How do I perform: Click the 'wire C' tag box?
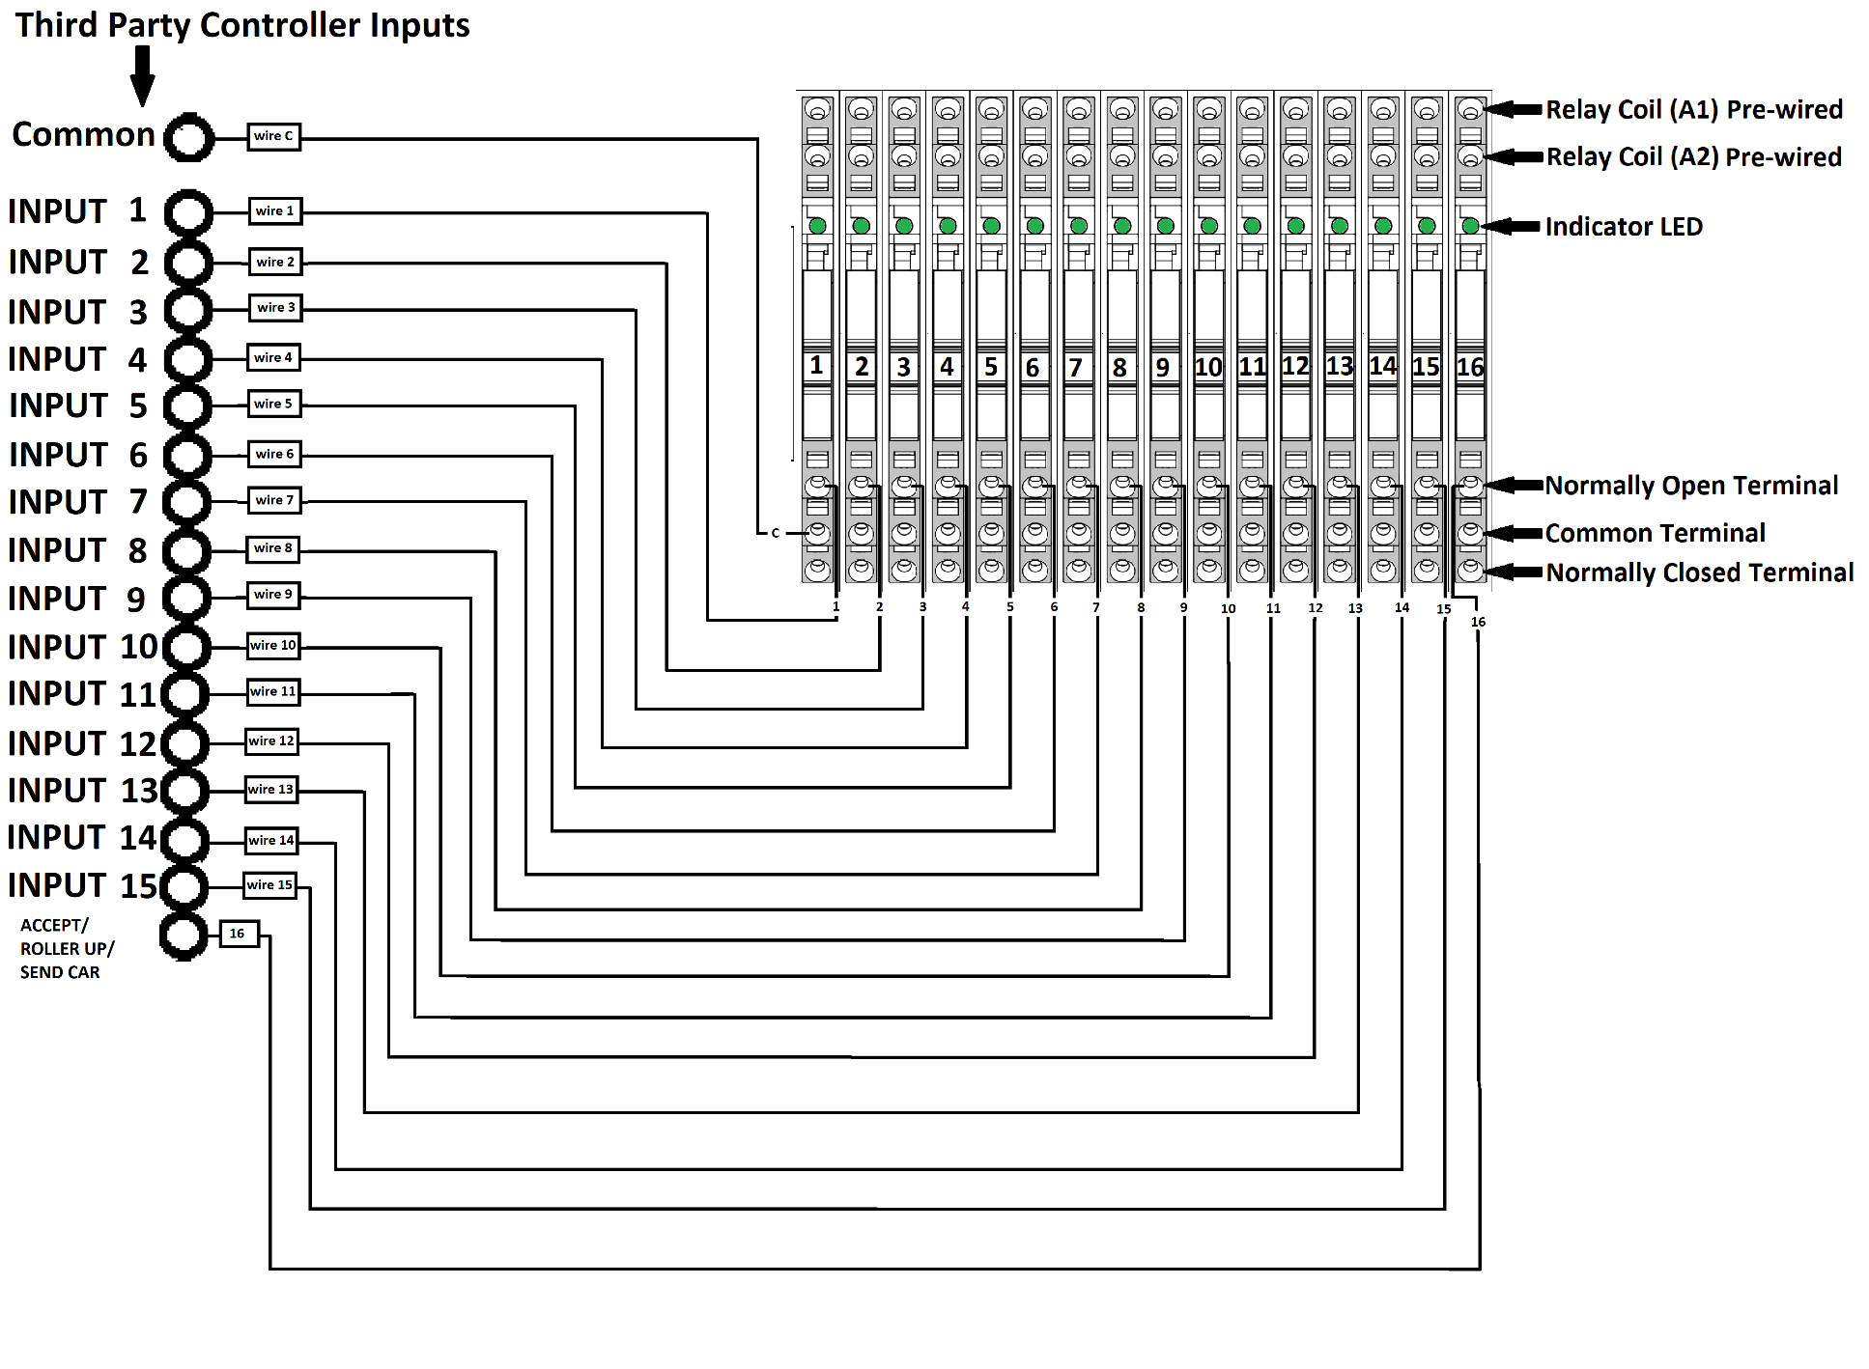(x=273, y=136)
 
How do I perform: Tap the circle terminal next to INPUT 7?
(x=187, y=502)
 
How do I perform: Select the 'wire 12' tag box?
(x=271, y=741)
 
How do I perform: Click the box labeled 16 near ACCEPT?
(x=239, y=934)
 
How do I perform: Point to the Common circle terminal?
(x=188, y=137)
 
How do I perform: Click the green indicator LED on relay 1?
(x=817, y=226)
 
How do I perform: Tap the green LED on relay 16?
(x=1469, y=226)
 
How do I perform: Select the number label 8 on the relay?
(x=1119, y=367)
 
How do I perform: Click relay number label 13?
(x=1339, y=367)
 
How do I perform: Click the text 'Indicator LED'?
(x=1623, y=227)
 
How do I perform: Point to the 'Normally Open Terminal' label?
(x=1690, y=486)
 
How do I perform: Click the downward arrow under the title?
(x=142, y=76)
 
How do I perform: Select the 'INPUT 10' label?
(x=82, y=647)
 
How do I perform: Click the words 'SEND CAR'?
(x=60, y=972)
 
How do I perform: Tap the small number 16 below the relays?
(x=1478, y=622)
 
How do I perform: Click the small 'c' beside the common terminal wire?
(x=775, y=533)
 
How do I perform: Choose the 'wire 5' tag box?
(x=273, y=404)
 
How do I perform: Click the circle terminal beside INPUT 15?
(x=184, y=886)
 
